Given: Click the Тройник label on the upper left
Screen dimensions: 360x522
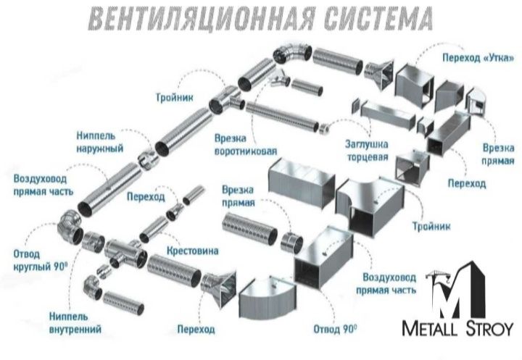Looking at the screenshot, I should pos(174,96).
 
